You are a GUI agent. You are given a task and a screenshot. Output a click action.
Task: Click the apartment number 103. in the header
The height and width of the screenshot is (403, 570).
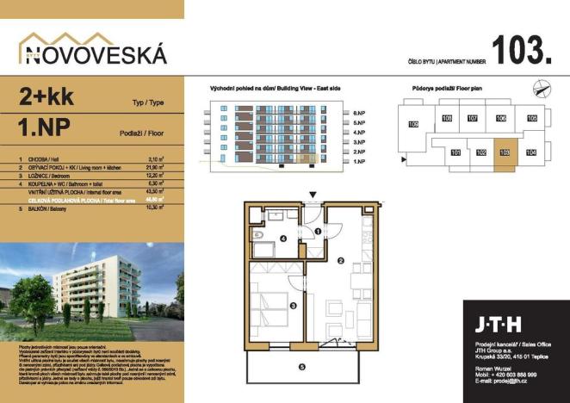[522, 51]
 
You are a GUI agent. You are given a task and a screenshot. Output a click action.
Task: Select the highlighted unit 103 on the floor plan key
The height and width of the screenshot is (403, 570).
[505, 152]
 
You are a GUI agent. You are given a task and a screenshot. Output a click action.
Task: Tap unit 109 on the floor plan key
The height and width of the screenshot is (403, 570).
[413, 126]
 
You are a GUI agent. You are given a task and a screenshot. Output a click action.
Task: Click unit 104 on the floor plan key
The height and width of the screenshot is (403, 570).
[531, 152]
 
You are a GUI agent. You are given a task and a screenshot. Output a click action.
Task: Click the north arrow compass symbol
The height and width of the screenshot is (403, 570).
[539, 86]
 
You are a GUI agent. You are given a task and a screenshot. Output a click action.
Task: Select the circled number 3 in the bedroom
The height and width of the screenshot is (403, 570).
[293, 305]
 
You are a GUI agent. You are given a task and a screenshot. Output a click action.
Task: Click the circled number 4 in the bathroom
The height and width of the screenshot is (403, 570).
[283, 239]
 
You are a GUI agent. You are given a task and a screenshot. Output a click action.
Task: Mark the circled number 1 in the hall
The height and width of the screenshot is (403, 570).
[316, 231]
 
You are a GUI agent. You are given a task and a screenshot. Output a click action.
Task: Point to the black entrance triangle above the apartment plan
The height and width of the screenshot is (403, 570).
[313, 195]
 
